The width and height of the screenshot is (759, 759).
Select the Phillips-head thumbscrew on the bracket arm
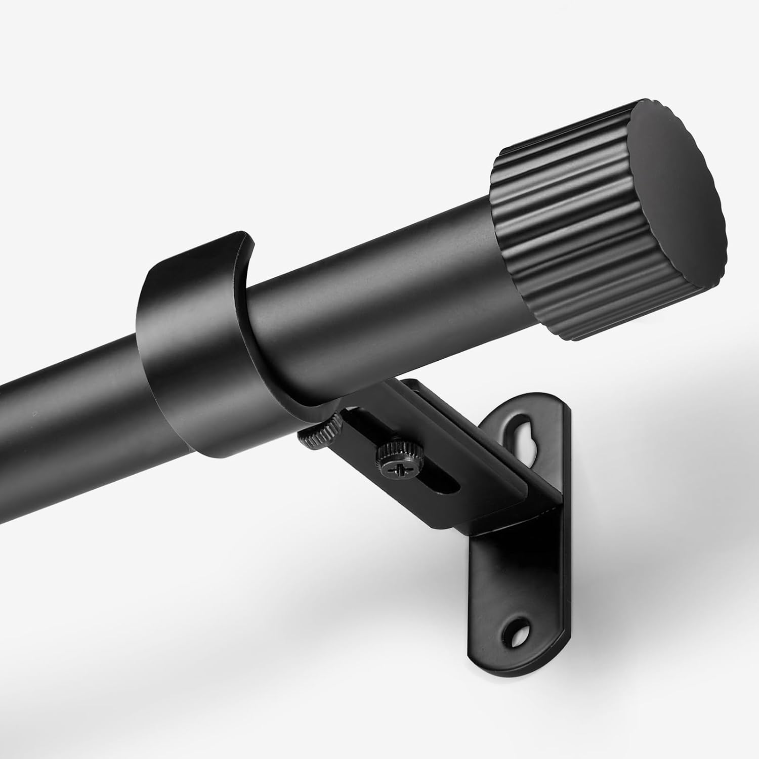tap(391, 455)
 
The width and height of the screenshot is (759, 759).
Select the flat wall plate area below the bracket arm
tap(501, 582)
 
